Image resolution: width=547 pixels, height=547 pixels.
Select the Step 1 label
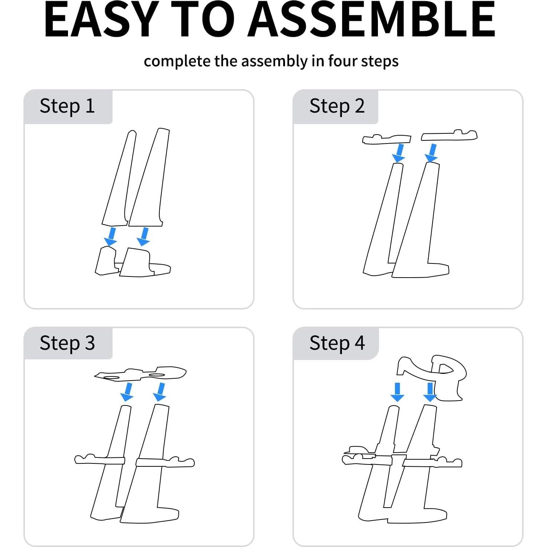pos(67,106)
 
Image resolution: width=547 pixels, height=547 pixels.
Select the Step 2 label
pos(337,106)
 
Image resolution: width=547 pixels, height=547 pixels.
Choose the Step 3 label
pos(67,343)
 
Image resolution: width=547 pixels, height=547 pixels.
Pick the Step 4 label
pos(337,343)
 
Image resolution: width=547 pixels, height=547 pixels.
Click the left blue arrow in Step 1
pos(111,236)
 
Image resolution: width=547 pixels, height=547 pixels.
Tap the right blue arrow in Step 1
pos(144,236)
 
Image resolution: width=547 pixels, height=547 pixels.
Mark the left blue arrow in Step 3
pos(127,392)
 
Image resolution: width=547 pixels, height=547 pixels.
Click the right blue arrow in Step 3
pos(160,392)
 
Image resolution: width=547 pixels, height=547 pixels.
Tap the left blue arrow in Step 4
pos(397,392)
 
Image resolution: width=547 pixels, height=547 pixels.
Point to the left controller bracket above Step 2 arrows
pos(386,139)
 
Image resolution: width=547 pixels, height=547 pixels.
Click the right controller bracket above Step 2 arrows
pos(449,136)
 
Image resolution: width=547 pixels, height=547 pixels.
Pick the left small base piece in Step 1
pos(106,261)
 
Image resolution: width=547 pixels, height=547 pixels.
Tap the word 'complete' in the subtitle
pos(177,61)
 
